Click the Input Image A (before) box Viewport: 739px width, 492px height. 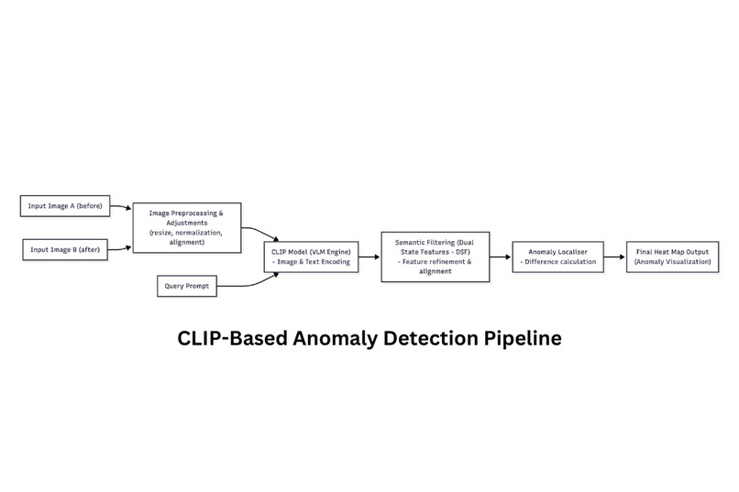click(65, 206)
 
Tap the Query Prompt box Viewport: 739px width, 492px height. click(187, 287)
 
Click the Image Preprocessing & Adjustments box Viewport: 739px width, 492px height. click(187, 226)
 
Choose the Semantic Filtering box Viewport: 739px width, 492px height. click(434, 257)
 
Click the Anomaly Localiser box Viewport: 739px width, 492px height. click(557, 257)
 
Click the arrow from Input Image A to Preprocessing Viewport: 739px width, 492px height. click(122, 207)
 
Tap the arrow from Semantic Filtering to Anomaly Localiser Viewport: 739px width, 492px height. click(500, 258)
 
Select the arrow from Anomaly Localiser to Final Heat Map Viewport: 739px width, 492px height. click(612, 258)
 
